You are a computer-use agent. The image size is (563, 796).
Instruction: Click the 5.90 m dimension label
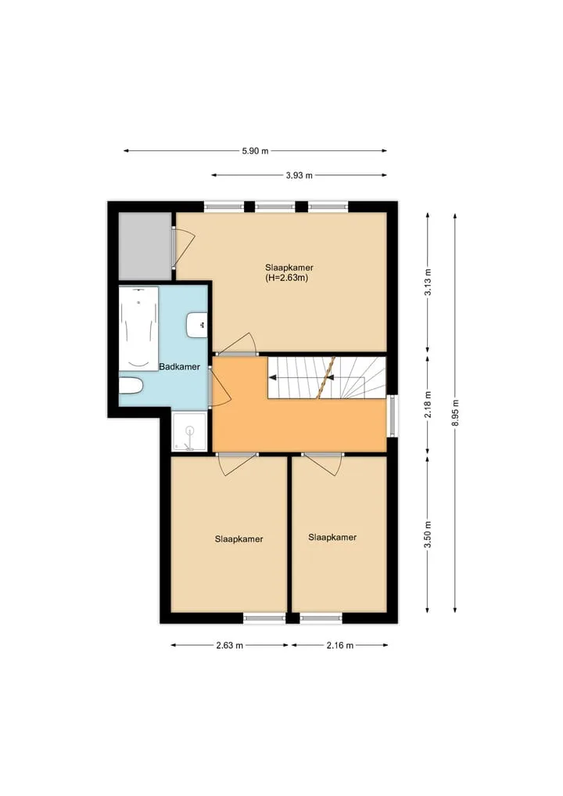[x=255, y=151]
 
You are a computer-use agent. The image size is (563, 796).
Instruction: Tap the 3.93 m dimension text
[x=299, y=175]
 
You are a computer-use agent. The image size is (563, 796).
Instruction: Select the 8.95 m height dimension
[x=455, y=412]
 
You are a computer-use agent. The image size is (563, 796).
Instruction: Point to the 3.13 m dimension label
[x=428, y=283]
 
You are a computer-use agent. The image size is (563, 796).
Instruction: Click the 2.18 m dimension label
[x=428, y=405]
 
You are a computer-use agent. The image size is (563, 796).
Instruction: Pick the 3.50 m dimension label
[x=428, y=535]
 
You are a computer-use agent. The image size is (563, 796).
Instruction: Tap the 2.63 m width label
[x=229, y=645]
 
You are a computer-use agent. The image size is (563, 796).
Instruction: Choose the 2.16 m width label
[x=339, y=645]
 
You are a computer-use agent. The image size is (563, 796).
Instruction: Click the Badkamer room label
[x=179, y=366]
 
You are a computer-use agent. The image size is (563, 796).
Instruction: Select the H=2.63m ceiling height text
[x=286, y=278]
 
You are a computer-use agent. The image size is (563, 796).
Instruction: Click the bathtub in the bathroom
[x=138, y=329]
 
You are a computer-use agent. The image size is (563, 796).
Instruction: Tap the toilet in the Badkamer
[x=131, y=386]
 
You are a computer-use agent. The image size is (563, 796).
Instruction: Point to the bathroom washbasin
[x=197, y=326]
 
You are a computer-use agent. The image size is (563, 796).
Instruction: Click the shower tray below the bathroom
[x=189, y=432]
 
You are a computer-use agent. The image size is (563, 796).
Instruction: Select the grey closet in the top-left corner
[x=145, y=246]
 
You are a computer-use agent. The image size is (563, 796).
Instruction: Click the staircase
[x=327, y=378]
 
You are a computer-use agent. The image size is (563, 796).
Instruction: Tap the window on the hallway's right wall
[x=393, y=416]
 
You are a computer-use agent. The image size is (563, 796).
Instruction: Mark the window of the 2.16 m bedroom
[x=321, y=618]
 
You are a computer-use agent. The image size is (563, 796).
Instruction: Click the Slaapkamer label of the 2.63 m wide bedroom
[x=239, y=539]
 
